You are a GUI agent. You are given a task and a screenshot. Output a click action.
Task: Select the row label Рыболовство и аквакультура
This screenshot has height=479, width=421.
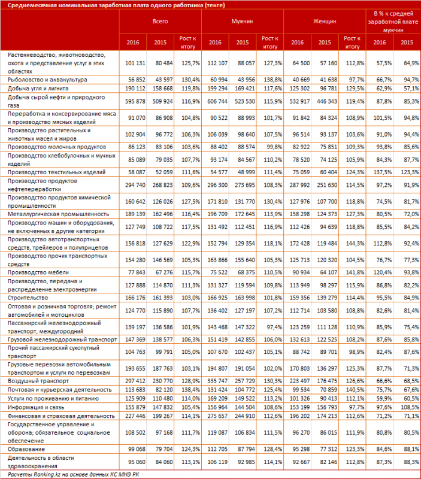click(49, 78)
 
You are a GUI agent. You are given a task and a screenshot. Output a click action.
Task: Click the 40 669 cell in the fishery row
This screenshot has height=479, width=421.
click(299, 78)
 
